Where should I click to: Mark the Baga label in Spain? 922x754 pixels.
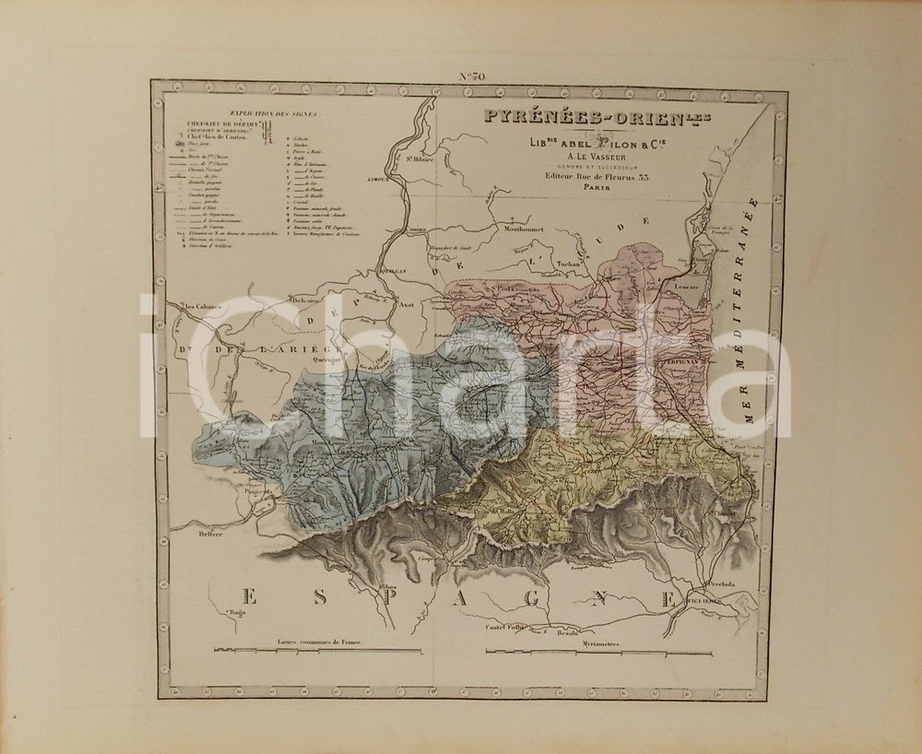(238, 610)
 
